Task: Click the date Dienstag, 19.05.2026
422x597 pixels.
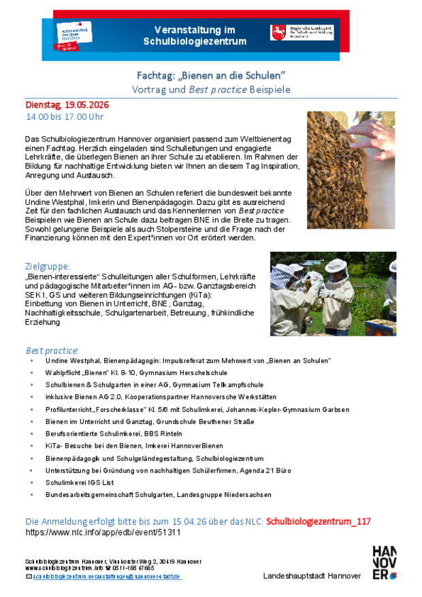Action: (67, 105)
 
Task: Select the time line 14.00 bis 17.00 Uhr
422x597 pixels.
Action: (65, 117)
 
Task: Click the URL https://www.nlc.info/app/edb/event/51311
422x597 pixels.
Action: (103, 532)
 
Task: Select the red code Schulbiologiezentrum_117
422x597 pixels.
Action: (319, 521)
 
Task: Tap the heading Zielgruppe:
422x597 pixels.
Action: (47, 266)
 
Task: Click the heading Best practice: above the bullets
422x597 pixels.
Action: (52, 350)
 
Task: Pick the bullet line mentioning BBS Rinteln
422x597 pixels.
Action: (114, 433)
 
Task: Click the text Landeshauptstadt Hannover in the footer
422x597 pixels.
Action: (312, 576)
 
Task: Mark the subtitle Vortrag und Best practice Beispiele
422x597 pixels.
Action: (211, 89)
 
